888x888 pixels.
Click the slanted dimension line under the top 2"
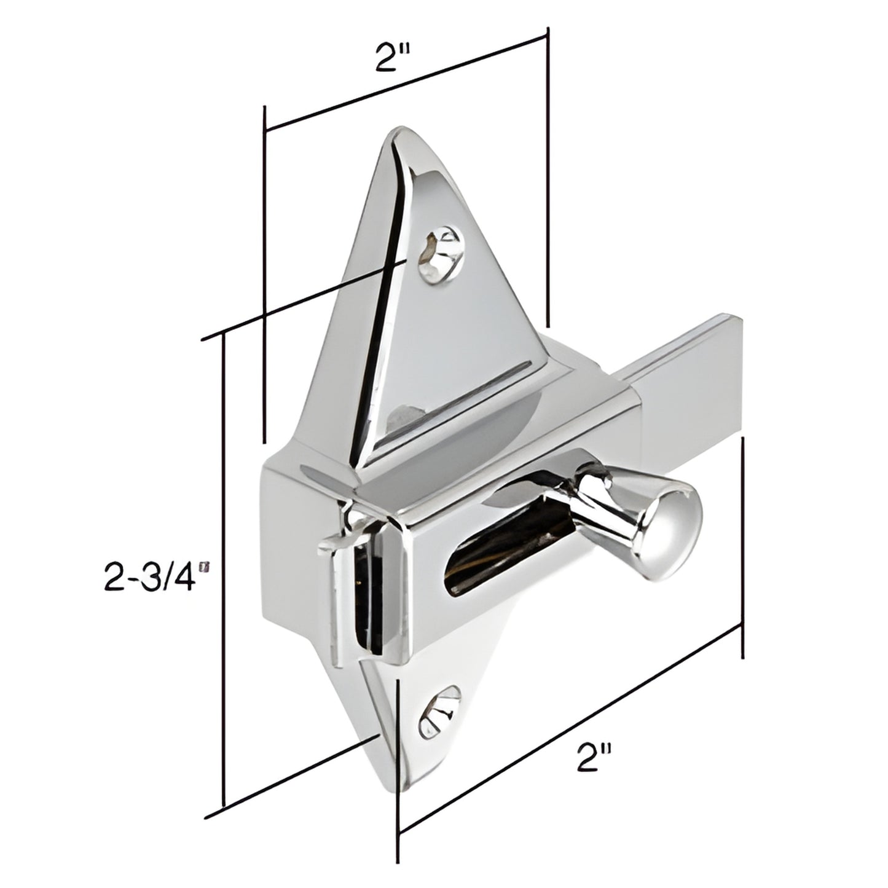click(406, 84)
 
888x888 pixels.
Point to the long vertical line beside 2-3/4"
click(224, 553)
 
